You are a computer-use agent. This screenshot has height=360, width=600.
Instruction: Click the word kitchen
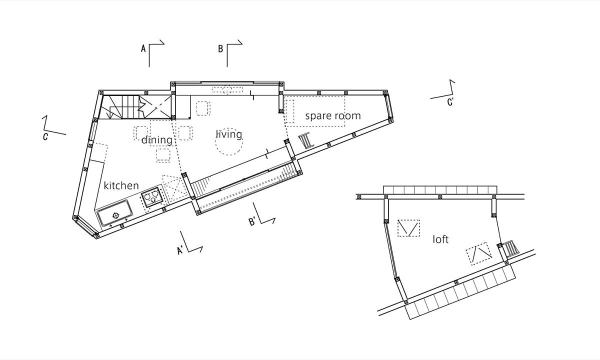[121, 185]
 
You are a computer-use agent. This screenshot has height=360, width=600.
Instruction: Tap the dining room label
[157, 140]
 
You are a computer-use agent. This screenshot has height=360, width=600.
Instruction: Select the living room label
[229, 134]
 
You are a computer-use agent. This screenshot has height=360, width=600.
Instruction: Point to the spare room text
[333, 116]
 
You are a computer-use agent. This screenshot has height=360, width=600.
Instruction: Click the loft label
[440, 239]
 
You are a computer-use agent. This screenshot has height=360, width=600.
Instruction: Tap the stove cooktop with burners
[151, 197]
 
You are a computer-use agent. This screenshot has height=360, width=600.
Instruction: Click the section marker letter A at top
[143, 48]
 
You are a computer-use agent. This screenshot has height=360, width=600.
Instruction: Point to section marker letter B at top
[220, 49]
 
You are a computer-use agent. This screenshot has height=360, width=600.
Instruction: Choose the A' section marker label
[180, 250]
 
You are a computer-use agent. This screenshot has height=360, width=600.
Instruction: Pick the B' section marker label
[252, 222]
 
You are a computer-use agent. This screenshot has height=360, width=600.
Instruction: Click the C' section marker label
[450, 102]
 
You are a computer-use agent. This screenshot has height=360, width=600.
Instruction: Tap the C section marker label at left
[45, 136]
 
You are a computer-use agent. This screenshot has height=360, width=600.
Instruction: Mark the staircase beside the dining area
[136, 107]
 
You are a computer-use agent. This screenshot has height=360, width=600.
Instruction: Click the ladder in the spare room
[306, 140]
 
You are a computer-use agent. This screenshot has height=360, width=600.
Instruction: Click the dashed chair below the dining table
[163, 155]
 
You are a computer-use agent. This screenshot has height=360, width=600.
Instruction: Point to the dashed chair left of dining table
[140, 133]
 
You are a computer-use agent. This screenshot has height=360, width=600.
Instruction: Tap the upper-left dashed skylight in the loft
[408, 228]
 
